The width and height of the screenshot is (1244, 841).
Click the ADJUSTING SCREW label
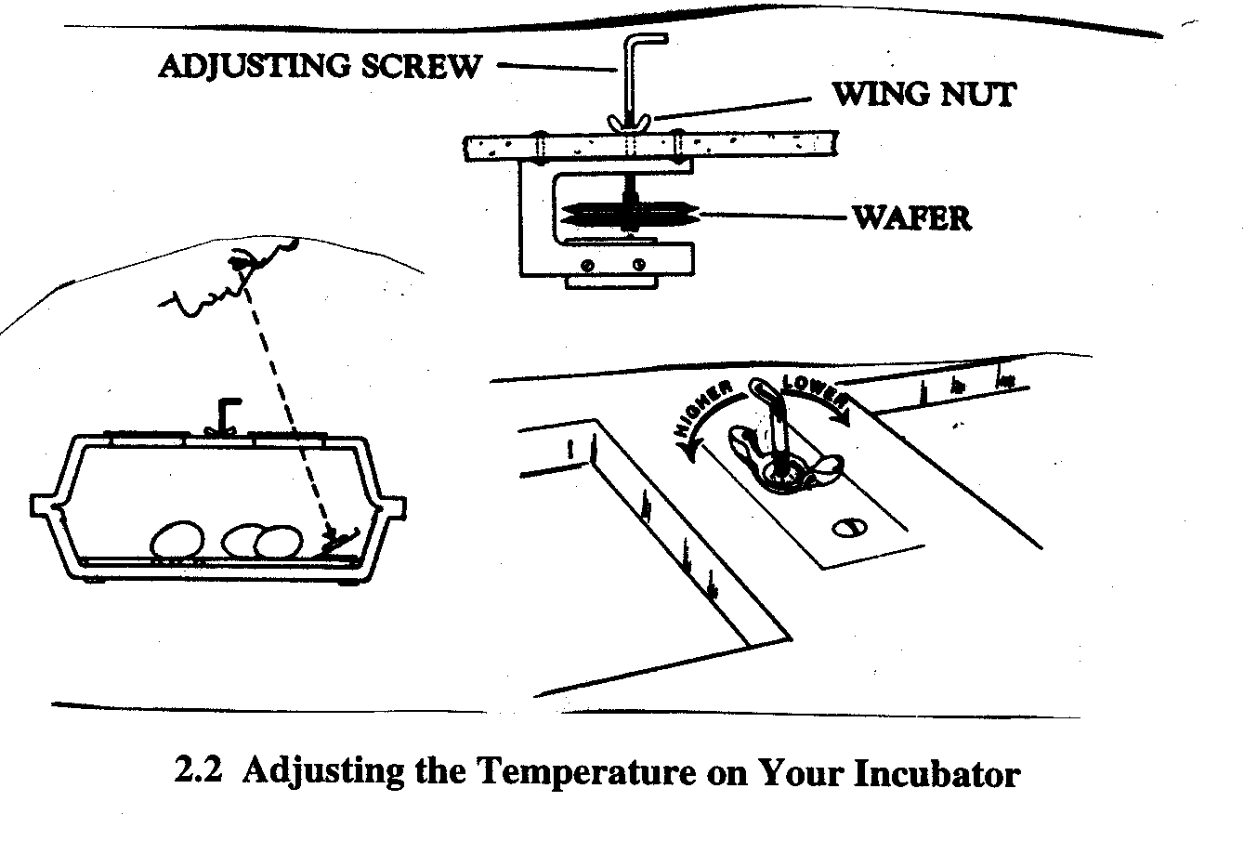(x=321, y=66)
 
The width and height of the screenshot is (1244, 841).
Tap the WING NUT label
(x=923, y=94)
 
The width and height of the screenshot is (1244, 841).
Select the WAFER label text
(x=911, y=217)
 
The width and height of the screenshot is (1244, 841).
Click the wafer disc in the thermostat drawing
(x=628, y=217)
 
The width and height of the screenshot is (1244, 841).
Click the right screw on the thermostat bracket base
(x=637, y=266)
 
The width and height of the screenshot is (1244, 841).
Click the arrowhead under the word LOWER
(x=845, y=418)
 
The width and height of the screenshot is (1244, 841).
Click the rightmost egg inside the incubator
(x=280, y=542)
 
